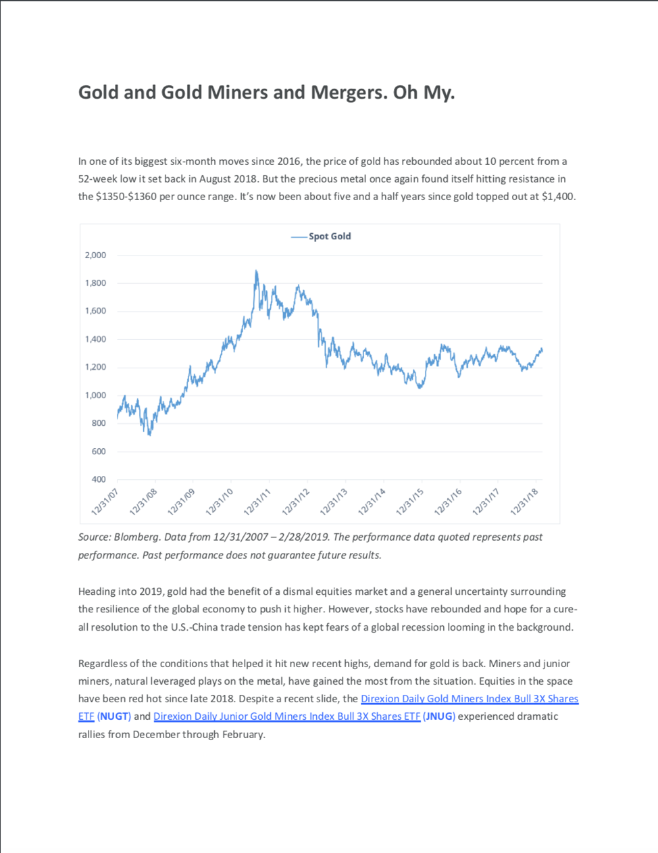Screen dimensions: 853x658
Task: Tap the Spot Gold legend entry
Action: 330,236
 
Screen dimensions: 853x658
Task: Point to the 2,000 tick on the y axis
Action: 95,255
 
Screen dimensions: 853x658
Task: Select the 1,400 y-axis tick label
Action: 95,339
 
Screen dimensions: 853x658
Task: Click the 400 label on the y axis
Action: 99,479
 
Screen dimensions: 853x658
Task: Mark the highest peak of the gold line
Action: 256,271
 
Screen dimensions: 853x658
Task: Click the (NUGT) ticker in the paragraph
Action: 114,716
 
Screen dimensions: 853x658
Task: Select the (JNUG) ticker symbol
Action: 439,716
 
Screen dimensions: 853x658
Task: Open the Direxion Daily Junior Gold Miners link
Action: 286,716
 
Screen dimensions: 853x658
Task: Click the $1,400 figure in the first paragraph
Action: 558,197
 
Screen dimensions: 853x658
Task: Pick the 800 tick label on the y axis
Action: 99,423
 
